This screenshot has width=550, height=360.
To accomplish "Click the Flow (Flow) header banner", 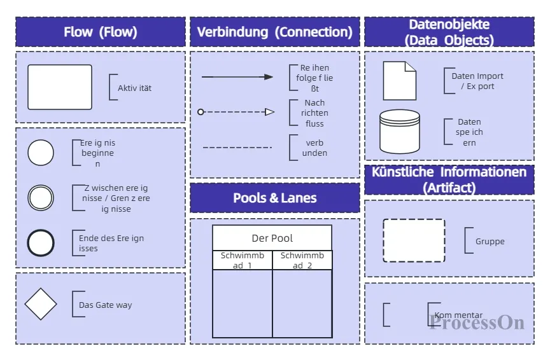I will [101, 32].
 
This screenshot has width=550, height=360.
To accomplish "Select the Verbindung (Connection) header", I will [274, 32].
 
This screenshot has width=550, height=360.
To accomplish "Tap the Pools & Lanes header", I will [274, 198].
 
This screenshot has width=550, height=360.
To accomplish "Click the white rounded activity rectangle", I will [60, 87].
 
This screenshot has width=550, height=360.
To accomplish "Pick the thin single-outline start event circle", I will [41, 153].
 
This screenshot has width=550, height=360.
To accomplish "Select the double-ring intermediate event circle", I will [41, 197].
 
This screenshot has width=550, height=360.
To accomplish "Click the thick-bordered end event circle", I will [41, 243].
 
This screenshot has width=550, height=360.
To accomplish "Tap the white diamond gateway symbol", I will [41, 304].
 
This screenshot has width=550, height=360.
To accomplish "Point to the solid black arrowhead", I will [269, 77].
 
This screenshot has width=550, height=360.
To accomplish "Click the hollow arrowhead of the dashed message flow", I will [269, 112].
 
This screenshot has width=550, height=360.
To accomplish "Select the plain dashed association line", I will [237, 148].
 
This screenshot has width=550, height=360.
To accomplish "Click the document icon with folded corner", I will [399, 81].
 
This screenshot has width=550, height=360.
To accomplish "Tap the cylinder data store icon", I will [400, 132].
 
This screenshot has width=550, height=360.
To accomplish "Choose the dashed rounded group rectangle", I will [414, 240].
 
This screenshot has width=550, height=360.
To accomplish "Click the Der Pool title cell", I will [272, 238].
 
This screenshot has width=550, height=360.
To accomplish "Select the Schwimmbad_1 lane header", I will [243, 260].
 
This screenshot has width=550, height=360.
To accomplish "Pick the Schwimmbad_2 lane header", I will [302, 260].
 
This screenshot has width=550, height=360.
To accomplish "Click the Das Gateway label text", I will [105, 305].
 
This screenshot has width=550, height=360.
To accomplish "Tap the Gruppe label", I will [490, 242].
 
